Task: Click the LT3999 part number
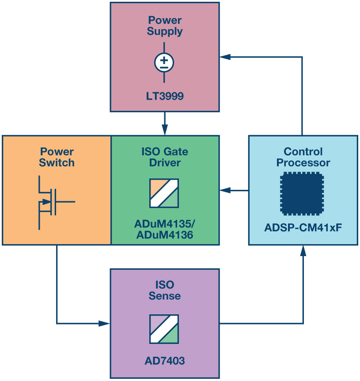[x=165, y=96]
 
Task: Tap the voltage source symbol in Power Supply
[x=164, y=62]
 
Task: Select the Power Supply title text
[x=165, y=26]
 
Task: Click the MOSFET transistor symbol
[x=57, y=203]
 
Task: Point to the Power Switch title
[x=57, y=157]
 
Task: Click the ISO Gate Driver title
[x=165, y=157]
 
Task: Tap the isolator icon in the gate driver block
[x=164, y=193]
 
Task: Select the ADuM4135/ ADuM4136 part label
[x=165, y=230]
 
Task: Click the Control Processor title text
[x=303, y=157]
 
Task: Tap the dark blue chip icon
[x=302, y=194]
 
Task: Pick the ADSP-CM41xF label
[x=303, y=228]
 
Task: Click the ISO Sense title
[x=165, y=290]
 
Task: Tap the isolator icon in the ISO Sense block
[x=164, y=329]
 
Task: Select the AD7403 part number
[x=165, y=361]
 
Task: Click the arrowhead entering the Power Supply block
[x=225, y=57]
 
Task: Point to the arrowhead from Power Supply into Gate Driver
[x=165, y=130]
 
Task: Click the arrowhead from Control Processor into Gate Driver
[x=225, y=191]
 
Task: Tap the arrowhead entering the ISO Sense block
[x=104, y=324]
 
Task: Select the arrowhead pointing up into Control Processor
[x=303, y=250]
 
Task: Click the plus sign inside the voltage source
[x=164, y=60]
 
